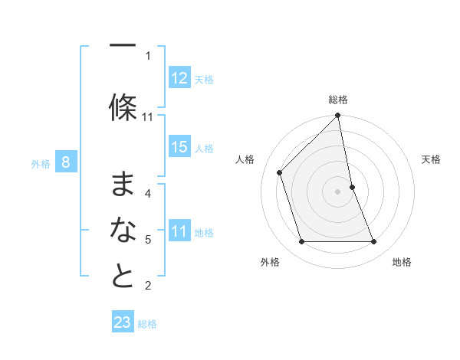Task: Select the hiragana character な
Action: coord(123,231)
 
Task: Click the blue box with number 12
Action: coord(179,78)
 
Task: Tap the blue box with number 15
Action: coord(179,147)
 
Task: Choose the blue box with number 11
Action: coord(179,231)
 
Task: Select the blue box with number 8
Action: coord(66,162)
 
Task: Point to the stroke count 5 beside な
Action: coord(148,240)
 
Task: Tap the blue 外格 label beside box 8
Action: coord(41,163)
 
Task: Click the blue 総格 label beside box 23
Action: coord(147,324)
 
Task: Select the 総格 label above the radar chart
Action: coord(338,100)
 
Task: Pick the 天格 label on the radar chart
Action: coord(431,159)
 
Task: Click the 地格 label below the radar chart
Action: coord(402,262)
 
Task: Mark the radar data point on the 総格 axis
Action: coord(338,116)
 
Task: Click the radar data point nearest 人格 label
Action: coord(280,172)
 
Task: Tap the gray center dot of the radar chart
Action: coord(338,191)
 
